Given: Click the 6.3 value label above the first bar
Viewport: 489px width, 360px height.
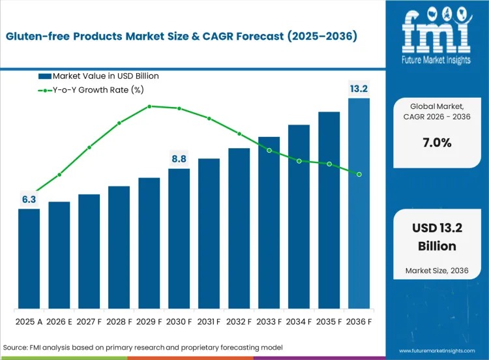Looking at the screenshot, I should (x=29, y=200).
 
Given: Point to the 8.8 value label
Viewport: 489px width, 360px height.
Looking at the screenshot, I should (x=179, y=159).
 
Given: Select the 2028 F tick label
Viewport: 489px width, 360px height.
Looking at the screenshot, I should (x=119, y=323).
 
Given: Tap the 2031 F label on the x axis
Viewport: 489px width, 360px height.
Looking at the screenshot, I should (x=209, y=323).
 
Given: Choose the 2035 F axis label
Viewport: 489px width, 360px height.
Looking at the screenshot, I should (x=329, y=323).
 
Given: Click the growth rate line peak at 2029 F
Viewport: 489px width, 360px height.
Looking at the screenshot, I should (x=149, y=106).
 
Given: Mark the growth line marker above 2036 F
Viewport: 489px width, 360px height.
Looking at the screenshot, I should (x=359, y=174).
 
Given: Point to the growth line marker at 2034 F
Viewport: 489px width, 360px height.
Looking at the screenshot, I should (x=299, y=160).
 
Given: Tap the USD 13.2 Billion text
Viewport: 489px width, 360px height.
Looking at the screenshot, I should (x=436, y=237).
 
